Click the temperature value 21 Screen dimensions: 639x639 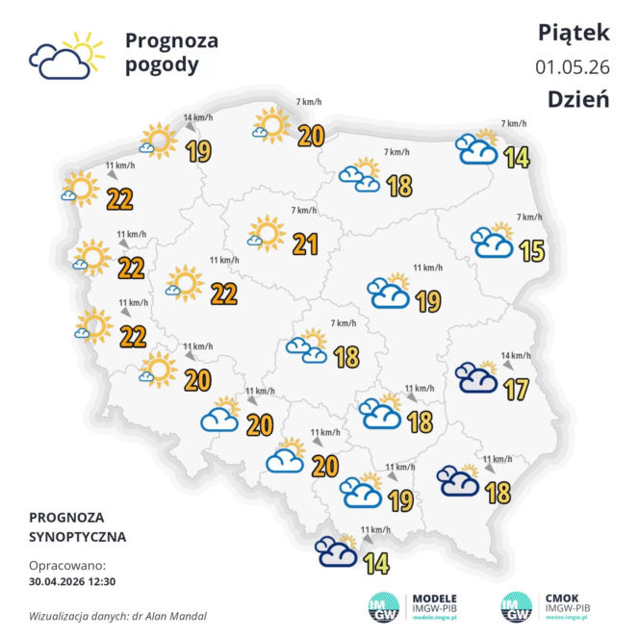305,244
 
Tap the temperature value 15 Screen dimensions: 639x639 531,251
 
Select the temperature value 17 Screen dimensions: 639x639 517,389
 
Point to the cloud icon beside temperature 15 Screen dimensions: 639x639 492,242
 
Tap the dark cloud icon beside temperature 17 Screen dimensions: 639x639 475,376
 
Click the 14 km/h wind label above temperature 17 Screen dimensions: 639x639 517,355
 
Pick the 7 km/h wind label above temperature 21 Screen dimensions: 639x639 302,210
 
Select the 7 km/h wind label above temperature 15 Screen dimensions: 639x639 530,217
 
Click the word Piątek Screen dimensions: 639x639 574,33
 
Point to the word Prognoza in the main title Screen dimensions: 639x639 171,40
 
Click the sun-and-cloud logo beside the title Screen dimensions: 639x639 65,57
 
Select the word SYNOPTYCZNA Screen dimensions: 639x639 77,536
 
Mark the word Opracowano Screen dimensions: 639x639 66,566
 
